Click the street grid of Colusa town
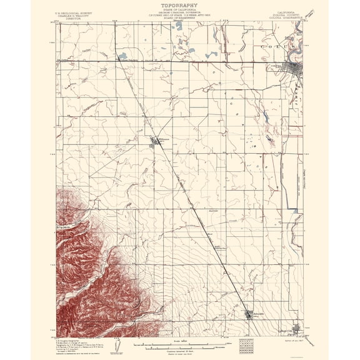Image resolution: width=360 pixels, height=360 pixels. (x=291, y=68)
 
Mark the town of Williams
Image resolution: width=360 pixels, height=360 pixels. (x=156, y=143)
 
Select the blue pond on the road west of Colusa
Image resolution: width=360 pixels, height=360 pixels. (x=122, y=57)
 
